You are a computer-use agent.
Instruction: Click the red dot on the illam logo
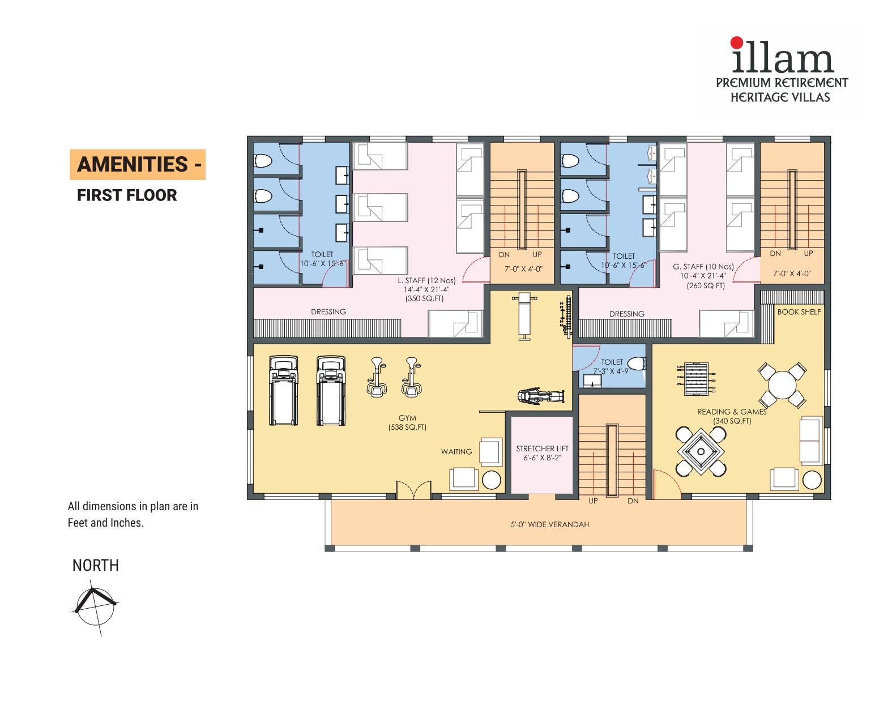click(736, 42)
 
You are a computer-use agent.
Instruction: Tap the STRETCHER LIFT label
click(542, 448)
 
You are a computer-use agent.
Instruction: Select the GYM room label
click(407, 418)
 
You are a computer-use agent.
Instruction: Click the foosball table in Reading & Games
click(696, 379)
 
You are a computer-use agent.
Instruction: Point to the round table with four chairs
click(782, 385)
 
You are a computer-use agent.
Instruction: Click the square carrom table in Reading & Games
click(701, 451)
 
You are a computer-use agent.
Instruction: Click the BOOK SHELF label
click(799, 312)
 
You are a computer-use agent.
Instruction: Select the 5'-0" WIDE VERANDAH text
click(550, 524)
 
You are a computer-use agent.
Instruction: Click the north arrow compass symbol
click(95, 606)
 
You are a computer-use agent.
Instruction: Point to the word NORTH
click(96, 566)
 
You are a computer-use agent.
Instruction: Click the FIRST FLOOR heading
click(127, 195)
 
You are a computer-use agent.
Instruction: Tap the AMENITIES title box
click(138, 165)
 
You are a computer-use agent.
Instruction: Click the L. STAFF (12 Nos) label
click(426, 281)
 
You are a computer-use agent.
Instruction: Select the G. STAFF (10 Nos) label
click(703, 267)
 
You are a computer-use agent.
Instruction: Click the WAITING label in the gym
click(456, 452)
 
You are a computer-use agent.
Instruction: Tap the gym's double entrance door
click(413, 490)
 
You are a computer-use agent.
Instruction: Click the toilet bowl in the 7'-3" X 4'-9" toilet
click(636, 364)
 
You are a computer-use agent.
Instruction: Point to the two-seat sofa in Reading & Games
click(811, 441)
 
